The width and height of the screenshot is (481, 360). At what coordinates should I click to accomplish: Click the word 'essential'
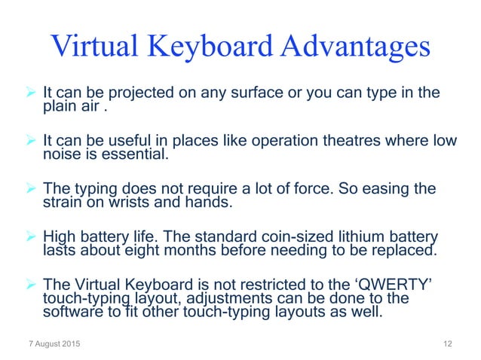(x=139, y=155)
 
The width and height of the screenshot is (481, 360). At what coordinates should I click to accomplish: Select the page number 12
(x=448, y=345)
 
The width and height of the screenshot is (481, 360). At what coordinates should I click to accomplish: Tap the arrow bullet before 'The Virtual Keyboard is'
(x=31, y=285)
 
